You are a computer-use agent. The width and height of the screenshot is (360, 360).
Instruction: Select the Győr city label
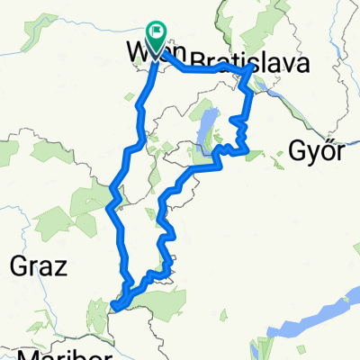pyautogui.click(x=318, y=150)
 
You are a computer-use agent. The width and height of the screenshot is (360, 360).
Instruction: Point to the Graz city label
pyautogui.click(x=34, y=265)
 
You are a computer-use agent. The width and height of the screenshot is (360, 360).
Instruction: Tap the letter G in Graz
pyautogui.click(x=15, y=265)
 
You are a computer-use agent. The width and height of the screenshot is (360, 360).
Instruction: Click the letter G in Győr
pyautogui.click(x=299, y=150)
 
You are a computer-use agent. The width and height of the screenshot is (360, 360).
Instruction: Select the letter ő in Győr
pyautogui.click(x=326, y=150)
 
